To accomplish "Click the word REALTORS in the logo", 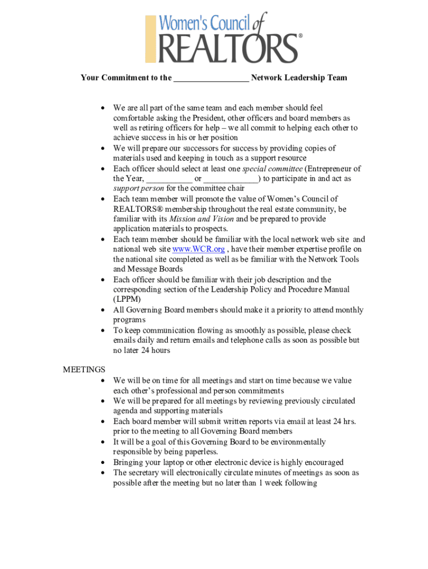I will pyautogui.click(x=228, y=48).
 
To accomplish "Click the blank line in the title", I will pyautogui.click(x=211, y=78).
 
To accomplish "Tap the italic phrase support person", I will pyautogui.click(x=138, y=188).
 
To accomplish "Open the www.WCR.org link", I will pyautogui.click(x=198, y=249).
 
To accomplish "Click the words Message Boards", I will pyautogui.click(x=147, y=269).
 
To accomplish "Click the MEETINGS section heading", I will pyautogui.click(x=84, y=370).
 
